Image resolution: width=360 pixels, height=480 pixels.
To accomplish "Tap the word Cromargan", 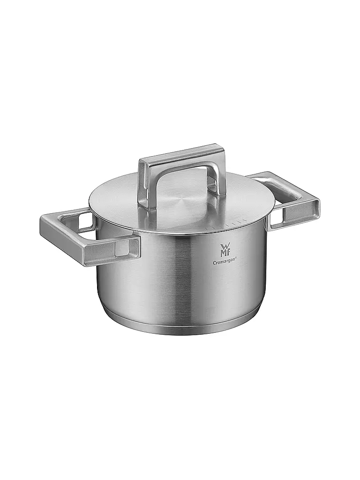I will pos(225,263).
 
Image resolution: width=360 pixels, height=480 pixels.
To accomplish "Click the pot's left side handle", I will pos(89,237).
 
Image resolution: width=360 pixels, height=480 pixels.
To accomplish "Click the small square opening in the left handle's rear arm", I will pos(86,220).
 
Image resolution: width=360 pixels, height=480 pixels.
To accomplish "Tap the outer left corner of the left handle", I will pos(43,220).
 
